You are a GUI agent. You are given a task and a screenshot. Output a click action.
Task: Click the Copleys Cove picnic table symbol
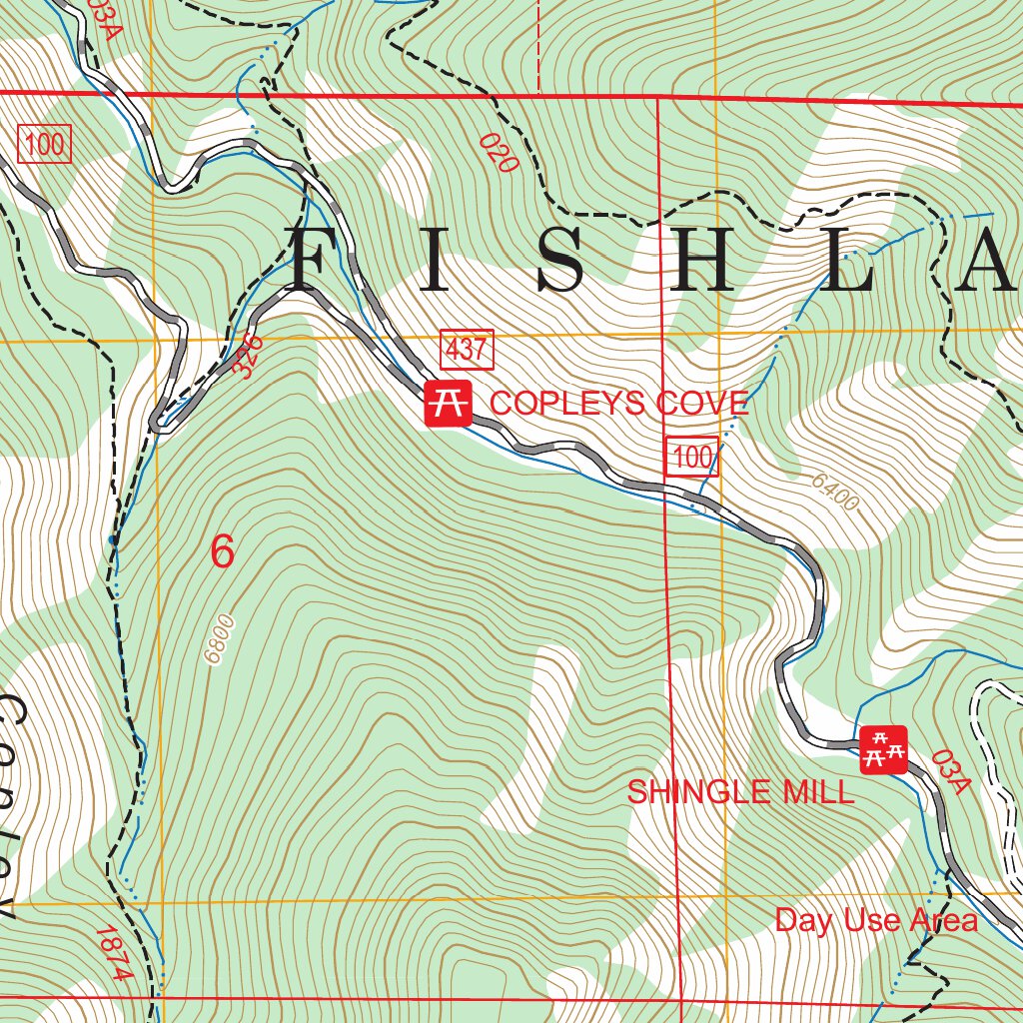point(448,404)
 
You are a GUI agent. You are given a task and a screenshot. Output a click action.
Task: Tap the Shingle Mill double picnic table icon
point(883,749)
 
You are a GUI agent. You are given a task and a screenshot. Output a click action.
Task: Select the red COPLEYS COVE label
point(618,403)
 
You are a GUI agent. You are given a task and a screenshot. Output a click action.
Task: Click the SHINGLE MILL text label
point(740,792)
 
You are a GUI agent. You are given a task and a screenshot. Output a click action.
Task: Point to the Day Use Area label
point(876,920)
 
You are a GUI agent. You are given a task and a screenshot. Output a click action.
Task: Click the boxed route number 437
point(467,351)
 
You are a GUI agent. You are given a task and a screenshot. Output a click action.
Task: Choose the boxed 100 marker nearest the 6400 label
point(692,457)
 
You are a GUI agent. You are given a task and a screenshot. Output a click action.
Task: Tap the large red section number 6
point(222,551)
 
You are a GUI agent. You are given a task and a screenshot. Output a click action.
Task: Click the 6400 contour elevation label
point(834,492)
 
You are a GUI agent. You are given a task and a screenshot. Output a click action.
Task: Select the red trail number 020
point(499,153)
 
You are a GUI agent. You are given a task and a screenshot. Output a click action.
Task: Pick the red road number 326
point(249,356)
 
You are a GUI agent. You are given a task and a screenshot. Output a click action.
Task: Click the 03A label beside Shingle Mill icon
point(951,772)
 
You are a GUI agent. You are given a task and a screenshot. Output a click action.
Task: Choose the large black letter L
point(855,260)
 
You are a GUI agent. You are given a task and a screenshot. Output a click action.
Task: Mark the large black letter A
point(989,260)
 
